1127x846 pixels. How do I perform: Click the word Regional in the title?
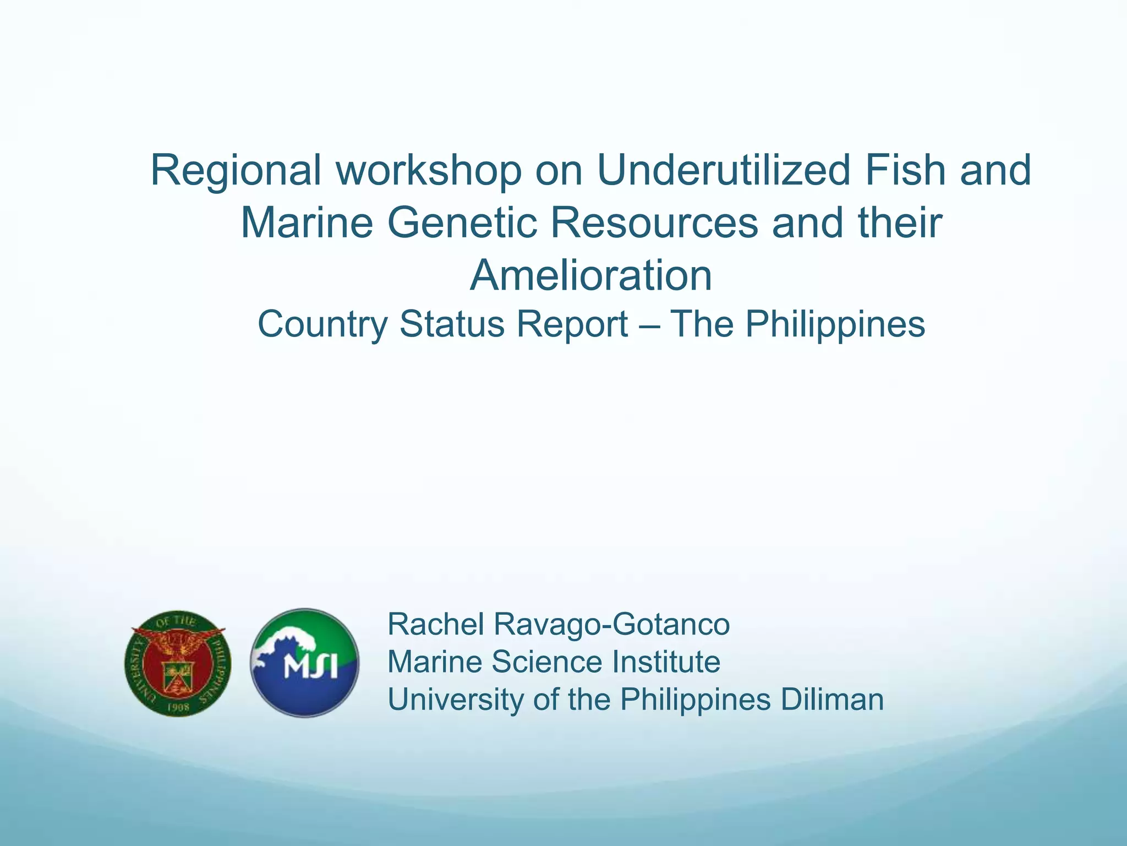point(236,171)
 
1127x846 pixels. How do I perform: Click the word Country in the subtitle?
point(322,324)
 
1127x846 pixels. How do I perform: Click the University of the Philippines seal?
point(178,664)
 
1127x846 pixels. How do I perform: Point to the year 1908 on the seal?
point(178,707)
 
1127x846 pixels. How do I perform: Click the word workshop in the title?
point(428,171)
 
